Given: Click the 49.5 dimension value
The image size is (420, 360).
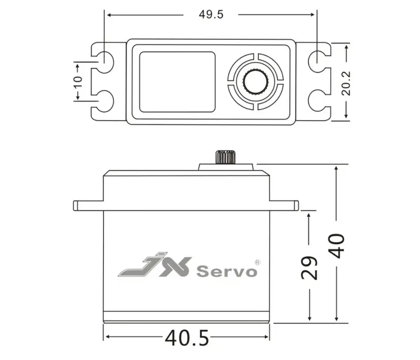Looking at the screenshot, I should tap(211, 14).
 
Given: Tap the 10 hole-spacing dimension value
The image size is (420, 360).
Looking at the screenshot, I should tap(78, 82).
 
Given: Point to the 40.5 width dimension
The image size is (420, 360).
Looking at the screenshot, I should tap(187, 338).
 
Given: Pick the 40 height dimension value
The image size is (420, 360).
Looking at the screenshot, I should tap(337, 245).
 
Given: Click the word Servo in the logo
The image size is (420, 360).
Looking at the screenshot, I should tap(227, 271).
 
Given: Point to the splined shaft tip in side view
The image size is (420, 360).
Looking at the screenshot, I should tap(225, 157).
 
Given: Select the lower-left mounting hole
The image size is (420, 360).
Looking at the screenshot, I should tap(104, 101).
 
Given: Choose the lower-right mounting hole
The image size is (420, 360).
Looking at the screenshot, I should tap(317, 101).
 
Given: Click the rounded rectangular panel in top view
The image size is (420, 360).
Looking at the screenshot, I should tap(177, 82).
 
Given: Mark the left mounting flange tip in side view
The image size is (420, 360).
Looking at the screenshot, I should tap(76, 205).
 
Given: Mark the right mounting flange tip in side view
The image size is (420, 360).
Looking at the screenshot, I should tap(296, 205).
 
